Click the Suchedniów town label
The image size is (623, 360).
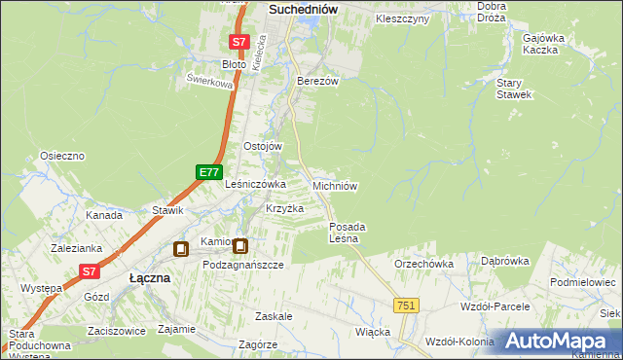302,10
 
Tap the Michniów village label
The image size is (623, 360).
337,186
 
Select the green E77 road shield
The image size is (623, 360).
208,172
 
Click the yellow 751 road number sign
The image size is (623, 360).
407,306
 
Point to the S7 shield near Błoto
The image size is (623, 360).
239,42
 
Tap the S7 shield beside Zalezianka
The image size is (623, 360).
90,272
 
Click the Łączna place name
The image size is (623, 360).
150,278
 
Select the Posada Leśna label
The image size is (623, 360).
345,233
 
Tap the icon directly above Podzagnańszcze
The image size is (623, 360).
239,247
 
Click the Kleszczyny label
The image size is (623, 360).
402,19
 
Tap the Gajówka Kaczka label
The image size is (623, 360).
543,44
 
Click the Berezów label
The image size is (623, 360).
317,82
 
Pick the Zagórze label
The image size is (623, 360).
257,344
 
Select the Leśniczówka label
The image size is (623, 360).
255,183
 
